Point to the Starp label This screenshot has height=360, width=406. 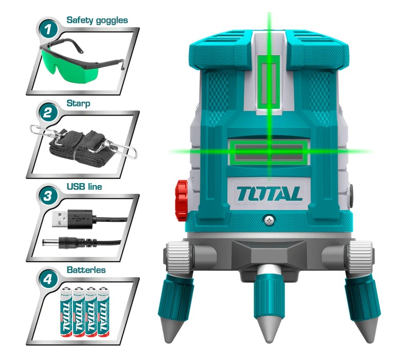click(78, 104)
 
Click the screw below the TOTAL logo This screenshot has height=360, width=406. click(270, 221)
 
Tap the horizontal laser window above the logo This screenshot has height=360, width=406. click(269, 152)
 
